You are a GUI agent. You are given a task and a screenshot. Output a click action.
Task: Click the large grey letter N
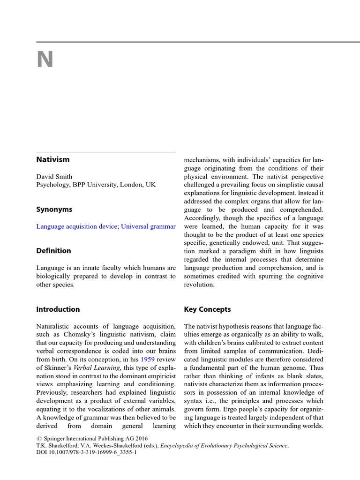45,60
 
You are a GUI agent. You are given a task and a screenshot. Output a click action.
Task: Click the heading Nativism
53,159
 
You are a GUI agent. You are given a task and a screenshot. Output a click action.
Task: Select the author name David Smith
54,177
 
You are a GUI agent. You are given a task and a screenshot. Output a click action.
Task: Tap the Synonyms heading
54,210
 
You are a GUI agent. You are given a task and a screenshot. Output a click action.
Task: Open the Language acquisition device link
77,226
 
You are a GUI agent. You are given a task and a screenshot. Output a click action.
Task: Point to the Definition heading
54,251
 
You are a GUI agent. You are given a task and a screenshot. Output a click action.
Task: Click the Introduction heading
58,309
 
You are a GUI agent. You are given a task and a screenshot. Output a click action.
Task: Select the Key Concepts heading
208,309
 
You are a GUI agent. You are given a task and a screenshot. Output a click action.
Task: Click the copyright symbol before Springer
39,438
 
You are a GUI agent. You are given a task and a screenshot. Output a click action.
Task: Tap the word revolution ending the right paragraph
199,285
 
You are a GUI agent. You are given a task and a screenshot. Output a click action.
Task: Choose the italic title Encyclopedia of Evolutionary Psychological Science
224,446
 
